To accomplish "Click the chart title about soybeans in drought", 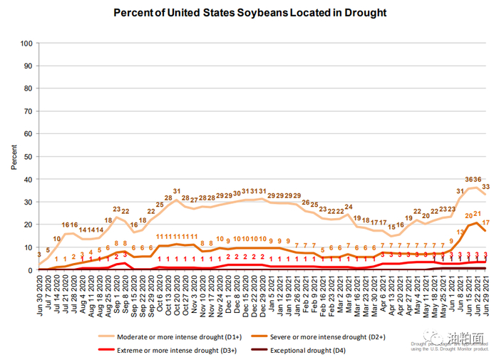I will (249, 13).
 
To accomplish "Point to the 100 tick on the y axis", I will (27, 43).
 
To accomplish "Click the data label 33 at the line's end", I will (486, 187).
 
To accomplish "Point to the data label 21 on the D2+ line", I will (476, 214).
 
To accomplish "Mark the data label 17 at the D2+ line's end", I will (486, 222).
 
